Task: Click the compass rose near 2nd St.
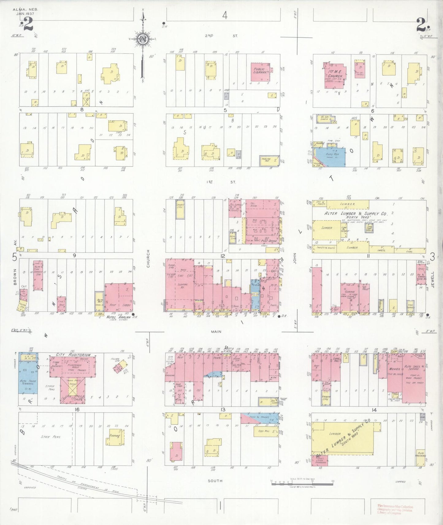143,39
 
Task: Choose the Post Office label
269,241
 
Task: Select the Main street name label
216,331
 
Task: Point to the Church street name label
148,259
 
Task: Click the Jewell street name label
433,279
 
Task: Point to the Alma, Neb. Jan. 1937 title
23,12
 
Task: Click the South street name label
215,481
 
